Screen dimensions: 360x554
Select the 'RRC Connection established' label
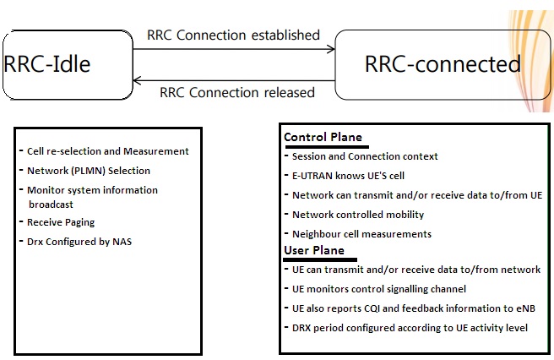[x=234, y=35]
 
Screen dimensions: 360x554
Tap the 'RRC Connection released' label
[x=237, y=92]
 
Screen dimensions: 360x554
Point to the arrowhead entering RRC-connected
[x=331, y=50]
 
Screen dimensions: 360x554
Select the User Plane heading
[x=313, y=250]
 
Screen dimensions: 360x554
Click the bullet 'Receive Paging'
[x=60, y=222]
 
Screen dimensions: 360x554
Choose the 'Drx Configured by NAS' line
[x=79, y=242]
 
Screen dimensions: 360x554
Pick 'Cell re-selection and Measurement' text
[x=107, y=151]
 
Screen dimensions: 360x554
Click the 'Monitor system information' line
[x=92, y=190]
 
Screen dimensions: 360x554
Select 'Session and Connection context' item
[x=365, y=156]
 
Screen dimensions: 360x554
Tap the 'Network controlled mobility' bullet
[x=358, y=215]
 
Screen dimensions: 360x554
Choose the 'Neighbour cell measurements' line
[x=361, y=234]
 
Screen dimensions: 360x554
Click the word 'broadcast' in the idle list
[x=52, y=204]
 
